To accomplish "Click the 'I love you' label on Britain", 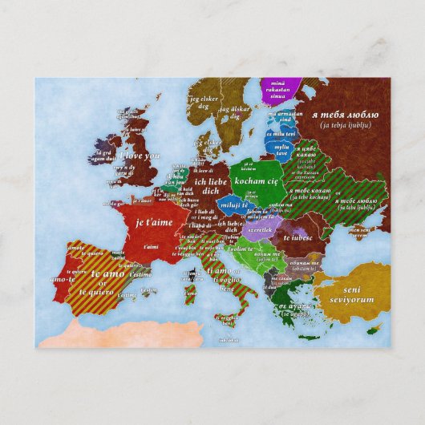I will (x=141, y=156).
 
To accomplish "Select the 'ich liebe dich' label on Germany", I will (x=190, y=187).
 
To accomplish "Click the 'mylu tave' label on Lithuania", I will (x=282, y=151).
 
